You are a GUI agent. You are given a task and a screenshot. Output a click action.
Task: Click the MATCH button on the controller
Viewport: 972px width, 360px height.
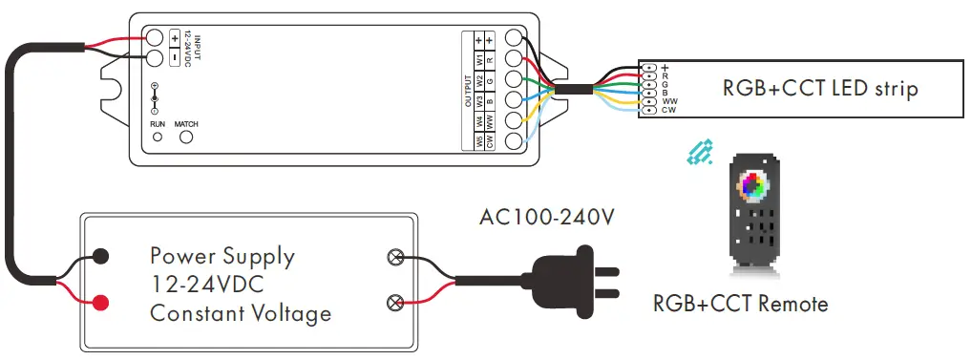coord(187,138)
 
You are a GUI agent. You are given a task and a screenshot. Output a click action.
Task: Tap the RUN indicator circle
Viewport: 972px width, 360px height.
coord(158,138)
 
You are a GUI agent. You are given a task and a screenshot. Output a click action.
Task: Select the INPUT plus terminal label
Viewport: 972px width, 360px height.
coord(175,38)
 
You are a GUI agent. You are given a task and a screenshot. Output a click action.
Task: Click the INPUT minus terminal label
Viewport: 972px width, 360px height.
coord(175,57)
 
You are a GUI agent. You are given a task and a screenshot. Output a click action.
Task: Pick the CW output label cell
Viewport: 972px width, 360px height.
coord(490,141)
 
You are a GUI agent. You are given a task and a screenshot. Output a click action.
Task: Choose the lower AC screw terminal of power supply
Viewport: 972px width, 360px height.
coord(392,304)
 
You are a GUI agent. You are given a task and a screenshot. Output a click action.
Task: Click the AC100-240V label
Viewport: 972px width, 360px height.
coord(546,217)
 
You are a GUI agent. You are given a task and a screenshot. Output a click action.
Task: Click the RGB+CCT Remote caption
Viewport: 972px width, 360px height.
coord(740,305)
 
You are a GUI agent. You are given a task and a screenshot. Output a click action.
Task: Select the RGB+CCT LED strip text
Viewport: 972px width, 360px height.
coord(820,89)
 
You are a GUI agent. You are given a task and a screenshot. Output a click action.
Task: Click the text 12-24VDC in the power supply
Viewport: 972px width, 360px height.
coord(206,285)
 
